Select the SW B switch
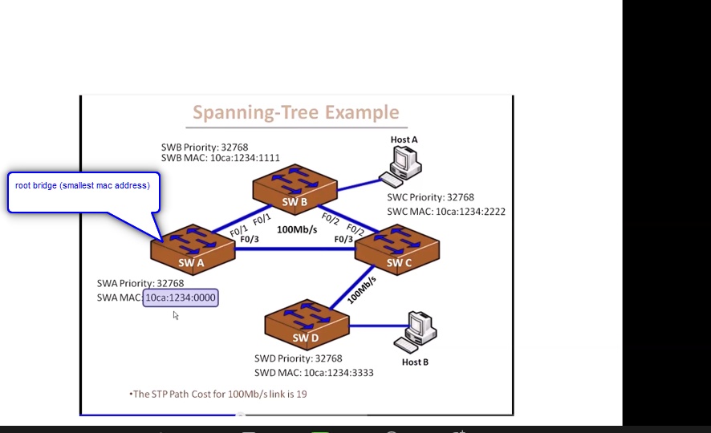pyautogui.click(x=294, y=190)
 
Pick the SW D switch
pyautogui.click(x=307, y=327)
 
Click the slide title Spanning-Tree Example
pyautogui.click(x=296, y=112)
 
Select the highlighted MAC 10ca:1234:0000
pyautogui.click(x=181, y=297)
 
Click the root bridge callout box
pyautogui.click(x=83, y=191)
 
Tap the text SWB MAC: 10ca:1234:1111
pyautogui.click(x=220, y=158)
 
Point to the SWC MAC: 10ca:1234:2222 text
pyautogui.click(x=445, y=212)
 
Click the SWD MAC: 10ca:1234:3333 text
pyautogui.click(x=314, y=372)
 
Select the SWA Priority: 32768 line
pyautogui.click(x=140, y=283)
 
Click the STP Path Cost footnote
pyautogui.click(x=218, y=394)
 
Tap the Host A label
pyautogui.click(x=404, y=140)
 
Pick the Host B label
pyautogui.click(x=415, y=362)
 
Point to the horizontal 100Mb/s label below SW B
pyautogui.click(x=297, y=229)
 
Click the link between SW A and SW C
pyautogui.click(x=295, y=249)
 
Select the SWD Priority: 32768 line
pyautogui.click(x=299, y=358)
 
